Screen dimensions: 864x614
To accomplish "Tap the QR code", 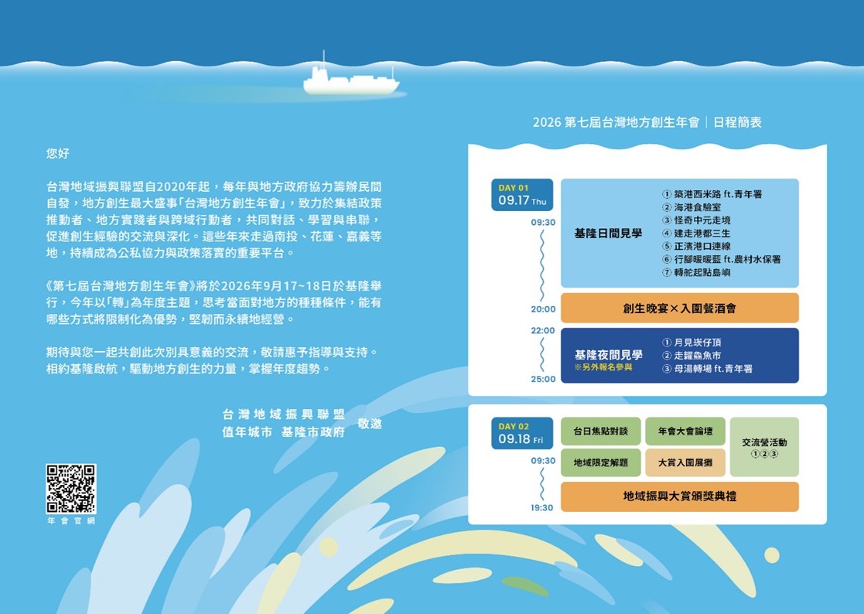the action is [x=70, y=489].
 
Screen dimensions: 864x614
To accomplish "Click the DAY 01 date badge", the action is [x=522, y=195].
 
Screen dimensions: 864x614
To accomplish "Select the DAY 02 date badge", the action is [x=522, y=433].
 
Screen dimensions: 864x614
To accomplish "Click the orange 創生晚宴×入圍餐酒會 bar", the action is [x=679, y=308].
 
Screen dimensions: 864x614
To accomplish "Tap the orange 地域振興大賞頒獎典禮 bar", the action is [x=679, y=496].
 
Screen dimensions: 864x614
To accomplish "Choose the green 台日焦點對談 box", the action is [x=600, y=432].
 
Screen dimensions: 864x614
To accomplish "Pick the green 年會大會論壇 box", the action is [x=685, y=432].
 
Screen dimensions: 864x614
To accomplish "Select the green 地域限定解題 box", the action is [x=600, y=462].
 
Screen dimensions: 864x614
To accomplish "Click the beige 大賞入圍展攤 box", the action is [x=685, y=462].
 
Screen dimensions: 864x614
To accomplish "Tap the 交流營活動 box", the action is [x=764, y=447].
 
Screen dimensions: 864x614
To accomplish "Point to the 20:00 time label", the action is [x=543, y=309].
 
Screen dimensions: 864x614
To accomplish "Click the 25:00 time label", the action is [x=543, y=380].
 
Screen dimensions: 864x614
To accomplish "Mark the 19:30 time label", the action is [x=541, y=508].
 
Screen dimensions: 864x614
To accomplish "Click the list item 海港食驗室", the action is [x=692, y=207].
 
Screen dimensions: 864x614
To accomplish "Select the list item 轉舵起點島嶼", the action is [x=696, y=272].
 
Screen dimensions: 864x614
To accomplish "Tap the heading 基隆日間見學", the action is [x=608, y=234].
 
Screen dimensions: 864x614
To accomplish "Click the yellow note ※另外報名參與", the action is [x=603, y=367].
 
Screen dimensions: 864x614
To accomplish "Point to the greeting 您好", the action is [x=58, y=153].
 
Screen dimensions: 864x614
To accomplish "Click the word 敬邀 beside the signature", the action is [x=370, y=424].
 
